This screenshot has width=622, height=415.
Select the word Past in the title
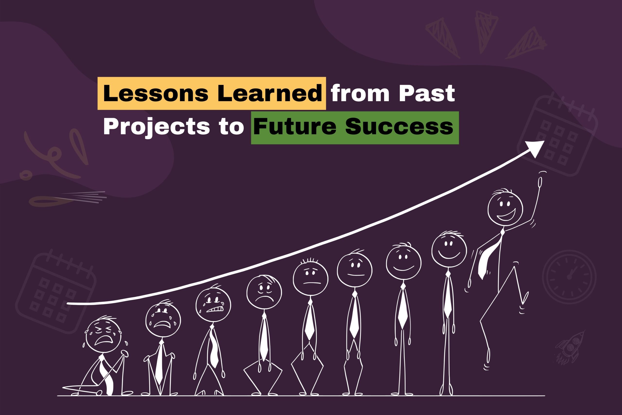[427, 93]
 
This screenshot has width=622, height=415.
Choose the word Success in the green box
[399, 126]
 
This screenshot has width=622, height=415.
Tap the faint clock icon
[569, 277]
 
